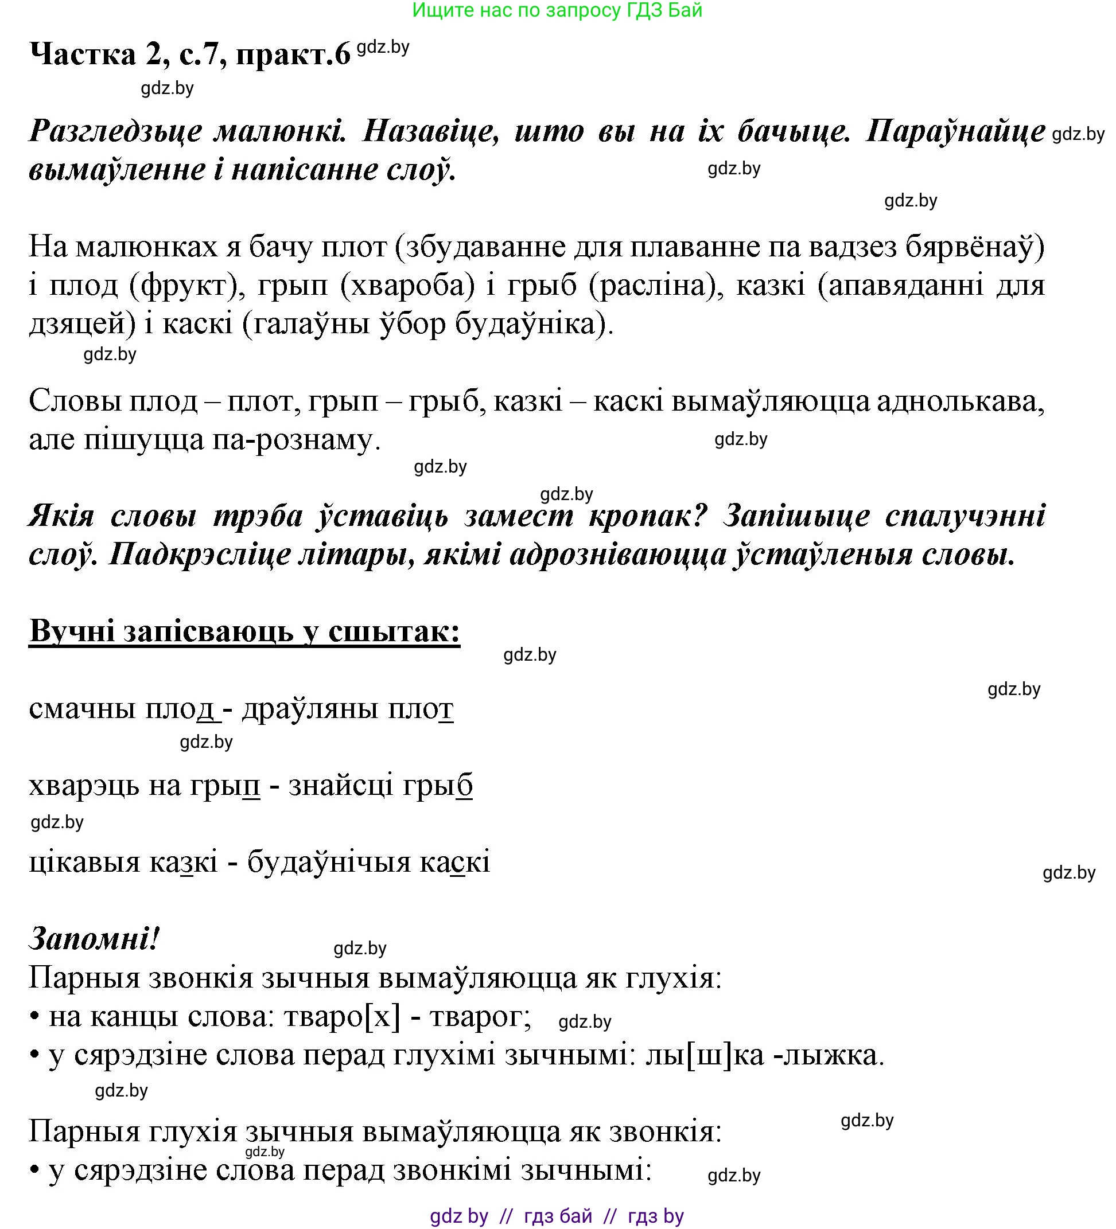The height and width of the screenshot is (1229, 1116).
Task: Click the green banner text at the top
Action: coord(557,10)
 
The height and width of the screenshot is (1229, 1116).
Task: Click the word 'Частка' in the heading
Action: coord(83,54)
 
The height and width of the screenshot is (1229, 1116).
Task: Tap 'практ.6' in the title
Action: coord(293,56)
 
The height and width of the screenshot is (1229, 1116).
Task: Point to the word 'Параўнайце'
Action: coord(955,131)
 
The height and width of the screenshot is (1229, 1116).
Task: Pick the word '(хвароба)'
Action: coord(407,285)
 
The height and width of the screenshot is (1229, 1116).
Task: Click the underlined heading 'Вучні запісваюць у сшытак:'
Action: coord(244,631)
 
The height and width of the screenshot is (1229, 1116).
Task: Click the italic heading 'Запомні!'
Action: coord(94,939)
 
